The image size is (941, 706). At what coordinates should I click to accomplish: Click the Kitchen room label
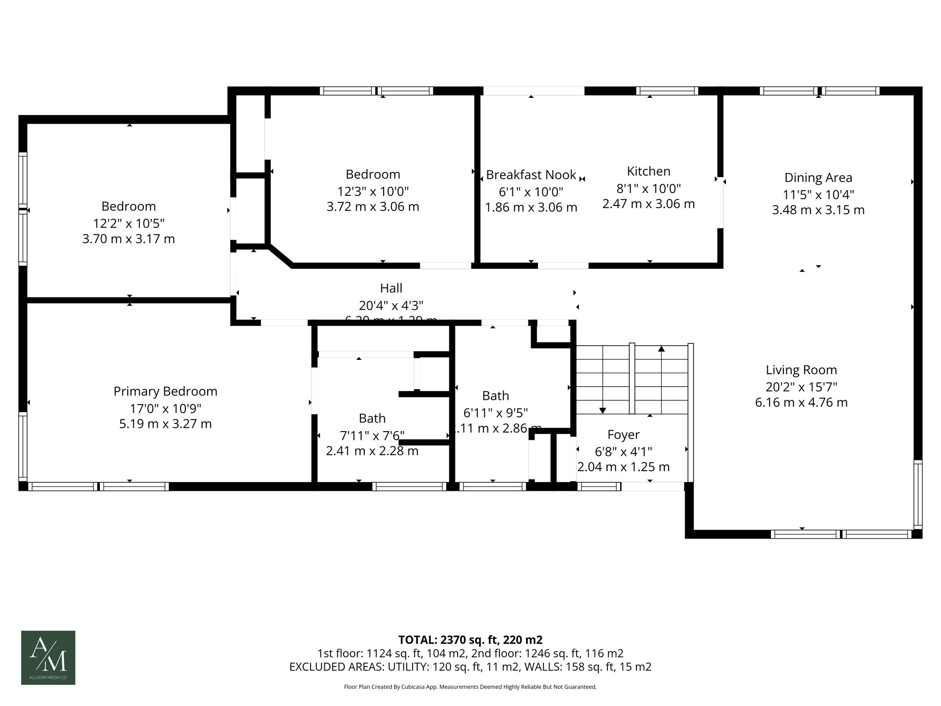pos(648,171)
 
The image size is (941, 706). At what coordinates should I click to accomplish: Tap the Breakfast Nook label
pos(531,175)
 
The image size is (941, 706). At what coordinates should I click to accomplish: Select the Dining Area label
pos(818,177)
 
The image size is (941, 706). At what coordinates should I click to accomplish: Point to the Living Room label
pos(801,370)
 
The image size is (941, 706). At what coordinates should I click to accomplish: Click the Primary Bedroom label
pos(165,391)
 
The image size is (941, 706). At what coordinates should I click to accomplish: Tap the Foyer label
pos(623,435)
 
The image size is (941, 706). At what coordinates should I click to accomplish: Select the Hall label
pos(391,288)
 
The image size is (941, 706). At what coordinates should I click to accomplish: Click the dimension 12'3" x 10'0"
pos(373,191)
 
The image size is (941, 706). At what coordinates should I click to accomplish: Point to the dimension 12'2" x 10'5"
pos(129,223)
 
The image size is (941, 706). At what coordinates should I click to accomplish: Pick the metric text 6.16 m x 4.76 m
pos(801,403)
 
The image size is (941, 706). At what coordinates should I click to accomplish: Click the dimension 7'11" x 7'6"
pos(372,435)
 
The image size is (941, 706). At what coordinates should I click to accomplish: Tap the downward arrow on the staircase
pos(603,410)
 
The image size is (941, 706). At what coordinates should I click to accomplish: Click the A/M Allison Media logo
pos(48,657)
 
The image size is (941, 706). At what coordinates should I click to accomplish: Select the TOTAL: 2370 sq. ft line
pos(470,640)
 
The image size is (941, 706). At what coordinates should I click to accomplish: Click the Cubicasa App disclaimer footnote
pos(470,687)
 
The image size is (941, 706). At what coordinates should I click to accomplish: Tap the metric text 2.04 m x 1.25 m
pos(623,467)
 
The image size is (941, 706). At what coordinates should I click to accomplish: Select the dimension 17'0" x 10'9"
pos(165,408)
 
